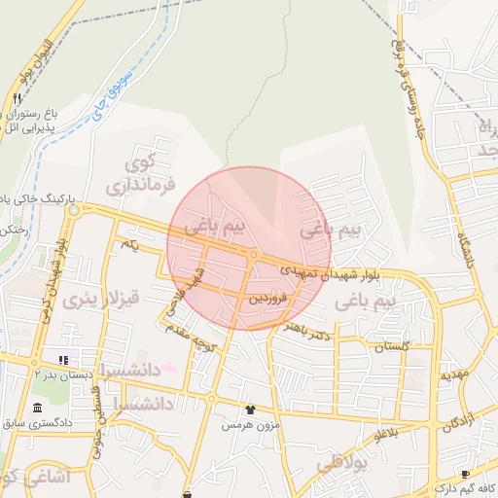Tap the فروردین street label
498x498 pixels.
coord(267,299)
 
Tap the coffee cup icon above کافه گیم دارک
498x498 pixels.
coord(465,474)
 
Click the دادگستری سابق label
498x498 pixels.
coord(38,423)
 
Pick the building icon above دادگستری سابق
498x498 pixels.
coord(38,407)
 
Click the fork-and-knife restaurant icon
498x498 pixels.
coord(18,99)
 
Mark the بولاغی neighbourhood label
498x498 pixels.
coord(339,464)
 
